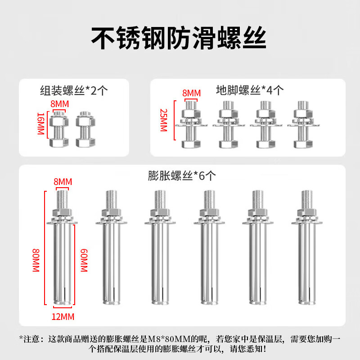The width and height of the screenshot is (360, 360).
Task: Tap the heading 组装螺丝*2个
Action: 74,90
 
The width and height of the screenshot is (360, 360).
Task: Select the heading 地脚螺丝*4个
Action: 249,90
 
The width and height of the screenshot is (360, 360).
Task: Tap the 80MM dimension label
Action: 36,261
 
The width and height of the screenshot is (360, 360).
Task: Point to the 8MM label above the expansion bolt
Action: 63,182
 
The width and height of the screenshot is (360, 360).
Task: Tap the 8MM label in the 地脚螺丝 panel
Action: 191,93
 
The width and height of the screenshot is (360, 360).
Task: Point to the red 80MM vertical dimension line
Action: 45,247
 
